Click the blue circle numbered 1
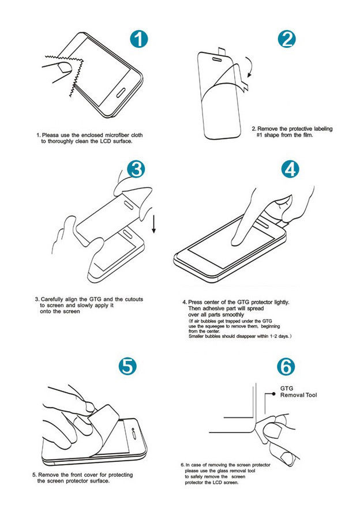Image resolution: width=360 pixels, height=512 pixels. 139,39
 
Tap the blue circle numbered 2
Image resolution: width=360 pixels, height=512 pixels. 287,39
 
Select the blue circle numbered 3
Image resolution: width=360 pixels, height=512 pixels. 136,169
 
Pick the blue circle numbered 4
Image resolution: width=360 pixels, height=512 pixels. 290,169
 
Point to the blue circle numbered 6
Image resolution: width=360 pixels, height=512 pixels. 286,367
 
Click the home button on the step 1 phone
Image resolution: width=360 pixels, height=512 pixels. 121,92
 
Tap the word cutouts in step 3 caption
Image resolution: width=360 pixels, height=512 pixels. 134,299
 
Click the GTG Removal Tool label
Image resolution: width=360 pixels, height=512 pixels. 298,391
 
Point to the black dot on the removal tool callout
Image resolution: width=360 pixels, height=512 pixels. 274,394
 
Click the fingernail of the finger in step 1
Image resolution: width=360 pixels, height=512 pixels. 65,67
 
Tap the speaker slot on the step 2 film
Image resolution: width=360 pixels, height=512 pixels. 217,59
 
